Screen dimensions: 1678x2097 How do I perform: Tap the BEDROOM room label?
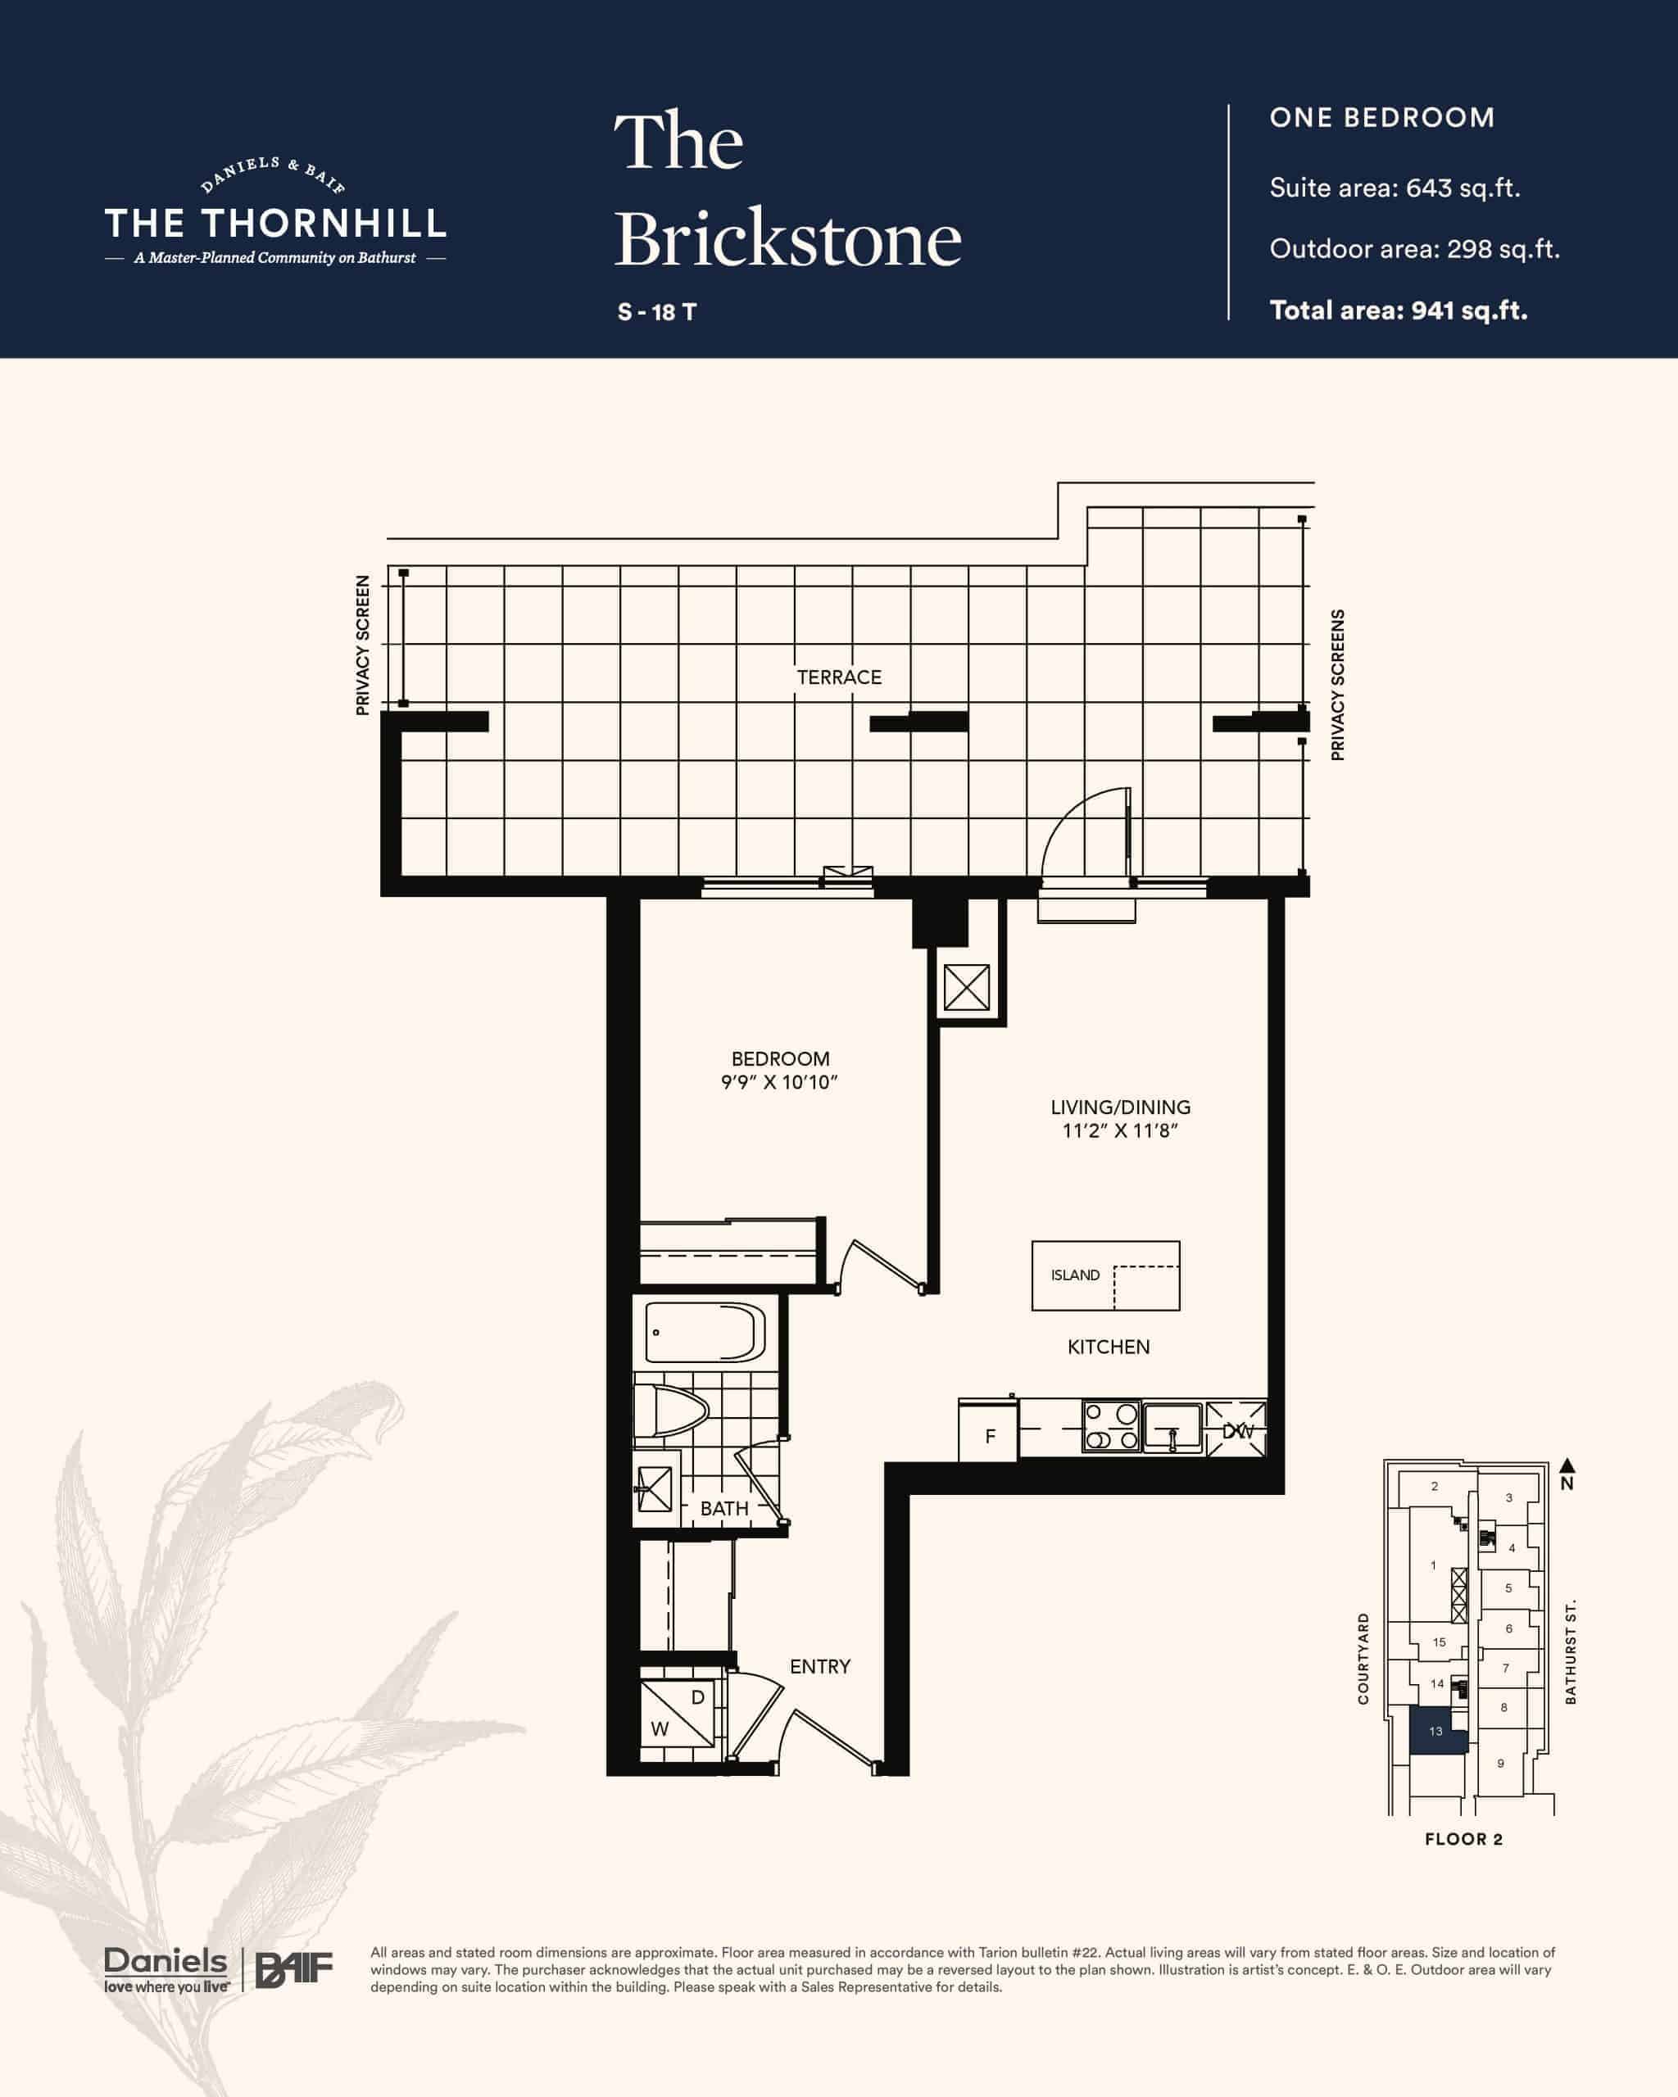tap(780, 1058)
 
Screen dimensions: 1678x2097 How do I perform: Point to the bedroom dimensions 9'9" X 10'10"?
tap(779, 1083)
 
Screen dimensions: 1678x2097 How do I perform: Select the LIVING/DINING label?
tap(1121, 1107)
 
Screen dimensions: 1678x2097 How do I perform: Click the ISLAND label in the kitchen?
tap(1075, 1275)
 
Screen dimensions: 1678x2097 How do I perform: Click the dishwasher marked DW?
tap(1236, 1429)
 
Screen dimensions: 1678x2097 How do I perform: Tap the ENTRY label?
tap(820, 1666)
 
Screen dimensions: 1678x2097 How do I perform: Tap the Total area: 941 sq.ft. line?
tap(1398, 310)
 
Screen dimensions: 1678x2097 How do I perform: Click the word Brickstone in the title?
tap(788, 239)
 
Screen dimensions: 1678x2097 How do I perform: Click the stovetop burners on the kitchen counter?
tap(1112, 1427)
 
